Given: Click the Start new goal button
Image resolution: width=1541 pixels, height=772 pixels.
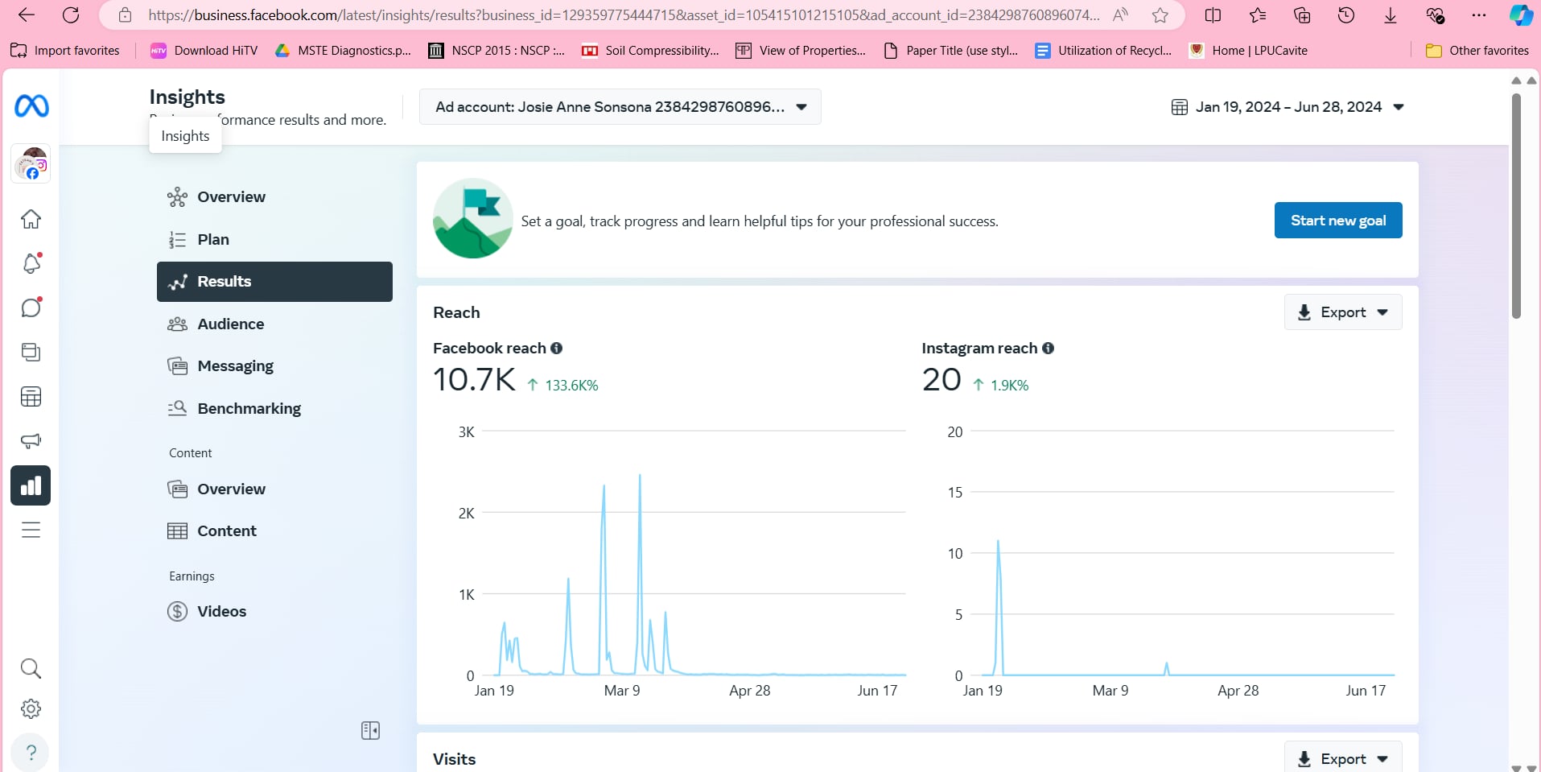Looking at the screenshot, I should click(1337, 221).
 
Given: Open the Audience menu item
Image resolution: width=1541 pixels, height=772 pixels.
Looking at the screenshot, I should click(230, 324).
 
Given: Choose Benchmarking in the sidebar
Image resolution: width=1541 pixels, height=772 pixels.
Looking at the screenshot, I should click(249, 408).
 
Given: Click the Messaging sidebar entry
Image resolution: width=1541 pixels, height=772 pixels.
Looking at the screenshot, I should click(235, 366).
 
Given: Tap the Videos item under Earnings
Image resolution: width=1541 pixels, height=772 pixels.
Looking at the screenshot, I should click(221, 611).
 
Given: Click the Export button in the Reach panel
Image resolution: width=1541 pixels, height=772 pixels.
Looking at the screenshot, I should click(1342, 312).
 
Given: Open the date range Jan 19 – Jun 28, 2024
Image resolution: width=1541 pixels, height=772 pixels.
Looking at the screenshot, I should click(1288, 107).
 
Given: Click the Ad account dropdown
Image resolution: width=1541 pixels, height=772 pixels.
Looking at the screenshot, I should click(620, 107).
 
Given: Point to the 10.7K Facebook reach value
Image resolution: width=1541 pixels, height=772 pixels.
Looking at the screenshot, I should click(474, 380).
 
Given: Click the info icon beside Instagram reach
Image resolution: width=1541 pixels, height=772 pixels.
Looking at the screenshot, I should click(1048, 348).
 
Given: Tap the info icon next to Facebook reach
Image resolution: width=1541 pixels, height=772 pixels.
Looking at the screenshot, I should click(556, 348).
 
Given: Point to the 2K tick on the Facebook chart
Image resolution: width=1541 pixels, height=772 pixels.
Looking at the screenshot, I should click(466, 513).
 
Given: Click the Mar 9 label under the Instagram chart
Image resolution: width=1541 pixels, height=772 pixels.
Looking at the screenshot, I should click(1110, 691).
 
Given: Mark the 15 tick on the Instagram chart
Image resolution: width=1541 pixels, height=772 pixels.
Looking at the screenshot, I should click(954, 492).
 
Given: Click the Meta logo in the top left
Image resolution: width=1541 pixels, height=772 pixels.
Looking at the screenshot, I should click(31, 105).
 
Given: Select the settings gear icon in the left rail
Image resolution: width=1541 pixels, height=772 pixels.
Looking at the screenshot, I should click(31, 708).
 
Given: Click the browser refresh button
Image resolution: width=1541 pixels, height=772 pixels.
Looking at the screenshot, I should click(71, 14).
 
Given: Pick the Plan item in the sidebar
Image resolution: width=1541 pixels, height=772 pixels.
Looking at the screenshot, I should click(213, 239).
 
